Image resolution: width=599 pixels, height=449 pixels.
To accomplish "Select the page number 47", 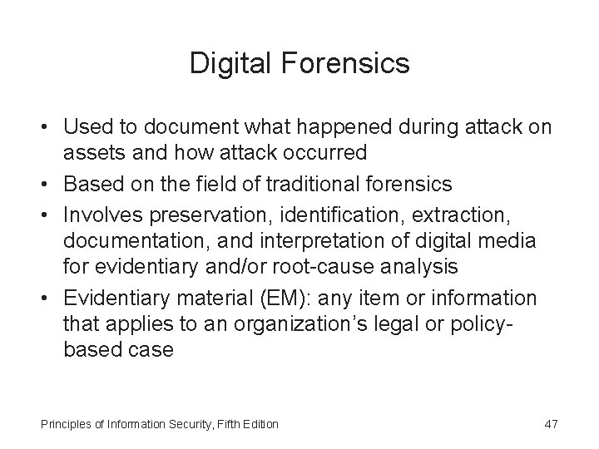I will pos(550,425).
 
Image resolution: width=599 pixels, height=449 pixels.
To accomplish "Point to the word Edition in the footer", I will pos(260,425).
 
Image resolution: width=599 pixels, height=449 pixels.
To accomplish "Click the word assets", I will pos(91,152).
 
